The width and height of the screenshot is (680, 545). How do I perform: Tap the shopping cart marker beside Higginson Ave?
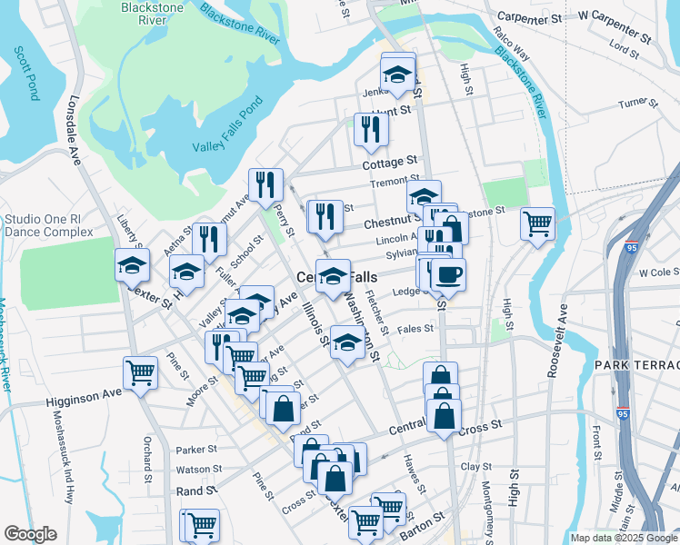tap(141, 372)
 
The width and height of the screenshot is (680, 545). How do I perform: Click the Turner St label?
tap(637, 104)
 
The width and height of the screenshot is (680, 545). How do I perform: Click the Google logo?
tap(30, 534)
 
